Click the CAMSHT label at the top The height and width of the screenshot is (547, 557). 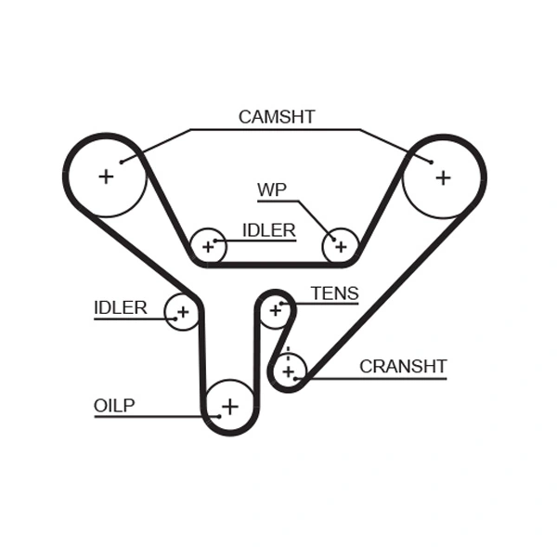pyautogui.click(x=277, y=117)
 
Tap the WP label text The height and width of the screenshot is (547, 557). pyautogui.click(x=271, y=190)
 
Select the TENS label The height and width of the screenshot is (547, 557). pyautogui.click(x=334, y=293)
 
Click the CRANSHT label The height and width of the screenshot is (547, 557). pyautogui.click(x=403, y=366)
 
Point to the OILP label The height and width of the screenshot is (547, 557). pyautogui.click(x=114, y=405)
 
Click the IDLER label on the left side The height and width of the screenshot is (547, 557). pyautogui.click(x=120, y=307)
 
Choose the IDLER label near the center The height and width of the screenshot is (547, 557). pyautogui.click(x=268, y=230)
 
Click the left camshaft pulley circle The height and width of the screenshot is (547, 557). pyautogui.click(x=106, y=176)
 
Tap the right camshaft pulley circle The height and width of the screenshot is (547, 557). pyautogui.click(x=443, y=176)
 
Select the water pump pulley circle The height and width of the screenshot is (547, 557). pyautogui.click(x=340, y=246)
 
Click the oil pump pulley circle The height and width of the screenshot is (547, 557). pyautogui.click(x=229, y=406)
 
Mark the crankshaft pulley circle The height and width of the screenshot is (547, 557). pyautogui.click(x=289, y=371)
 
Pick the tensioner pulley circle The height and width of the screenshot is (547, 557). pyautogui.click(x=275, y=310)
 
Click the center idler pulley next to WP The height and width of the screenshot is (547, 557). pyautogui.click(x=208, y=246)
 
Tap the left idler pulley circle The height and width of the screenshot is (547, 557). pyautogui.click(x=182, y=311)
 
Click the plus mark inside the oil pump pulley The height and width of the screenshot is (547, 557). pyautogui.click(x=229, y=406)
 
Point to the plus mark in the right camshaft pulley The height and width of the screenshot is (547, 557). pyautogui.click(x=443, y=176)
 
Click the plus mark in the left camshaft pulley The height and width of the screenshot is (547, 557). pyautogui.click(x=106, y=176)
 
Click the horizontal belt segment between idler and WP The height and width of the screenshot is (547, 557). pyautogui.click(x=274, y=265)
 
